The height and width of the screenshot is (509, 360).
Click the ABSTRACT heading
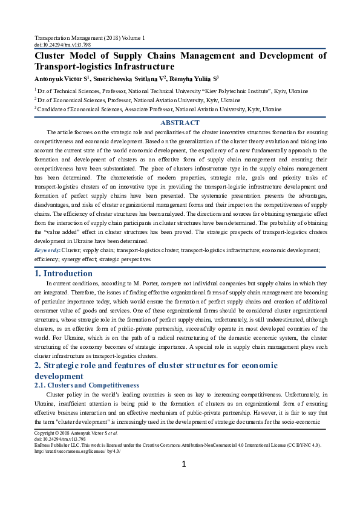(180, 123)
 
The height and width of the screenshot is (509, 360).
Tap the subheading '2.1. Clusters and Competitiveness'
(87, 385)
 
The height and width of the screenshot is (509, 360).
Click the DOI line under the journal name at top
(63, 45)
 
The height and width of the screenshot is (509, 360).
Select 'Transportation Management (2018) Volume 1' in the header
(90, 38)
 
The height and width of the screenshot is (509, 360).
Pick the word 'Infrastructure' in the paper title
(143, 67)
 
